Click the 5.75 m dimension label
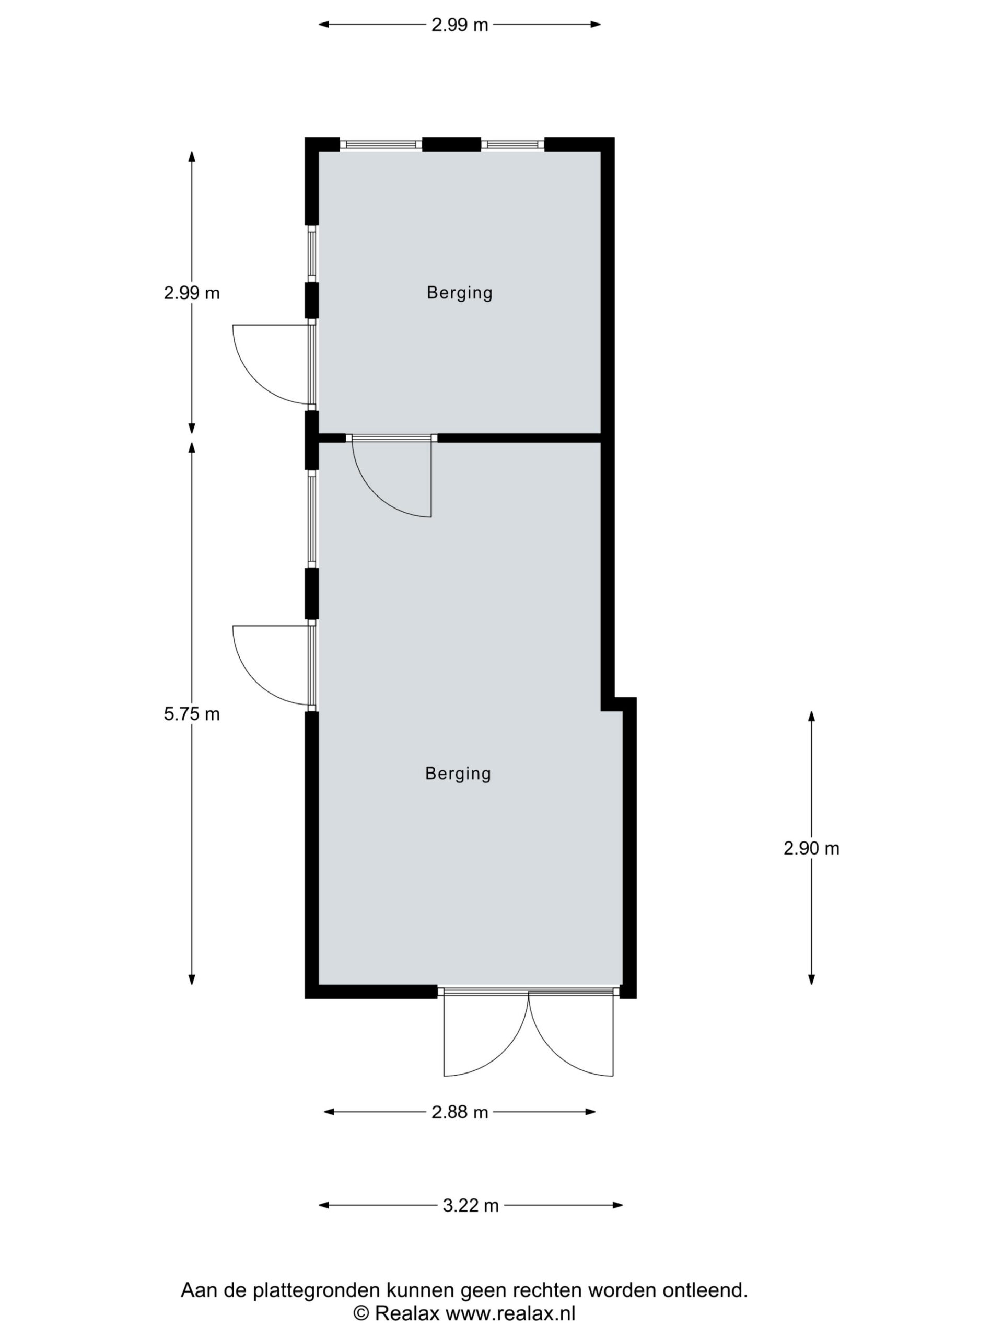pos(192,714)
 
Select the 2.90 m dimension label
pos(811,849)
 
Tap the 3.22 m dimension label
pos(470,1206)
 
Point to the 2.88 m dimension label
pos(460,1112)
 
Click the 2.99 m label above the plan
pos(460,25)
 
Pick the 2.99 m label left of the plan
pos(192,293)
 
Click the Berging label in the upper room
pos(460,293)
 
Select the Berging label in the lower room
pos(458,774)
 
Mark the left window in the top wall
pos(380,145)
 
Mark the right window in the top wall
pos(512,145)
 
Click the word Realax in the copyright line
pos(407,1313)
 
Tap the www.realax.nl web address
pos(511,1313)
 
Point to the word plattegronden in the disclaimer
pos(317,1290)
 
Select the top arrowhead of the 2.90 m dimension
pos(811,716)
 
